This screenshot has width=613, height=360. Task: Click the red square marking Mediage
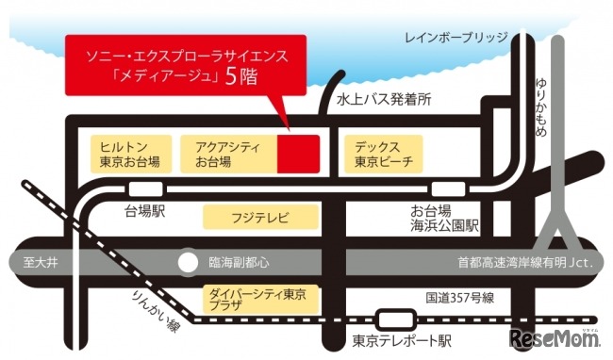pyautogui.click(x=299, y=154)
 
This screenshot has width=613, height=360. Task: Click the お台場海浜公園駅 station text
pyautogui.click(x=445, y=218)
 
